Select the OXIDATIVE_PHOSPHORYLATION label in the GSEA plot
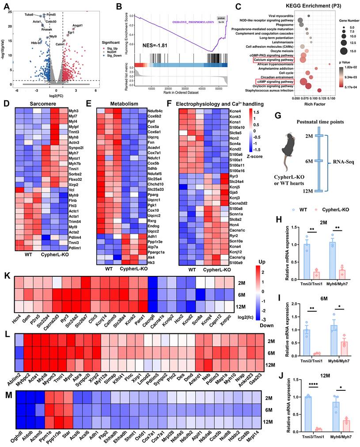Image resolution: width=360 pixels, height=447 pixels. pos(187,22)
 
